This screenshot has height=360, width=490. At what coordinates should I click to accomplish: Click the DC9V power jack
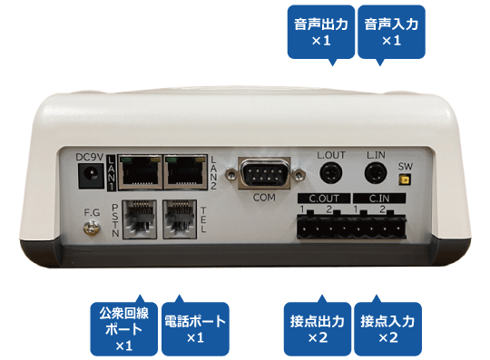[91, 176]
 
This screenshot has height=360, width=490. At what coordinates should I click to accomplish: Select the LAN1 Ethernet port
[141, 172]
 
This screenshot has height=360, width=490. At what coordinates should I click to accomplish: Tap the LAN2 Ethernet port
[186, 172]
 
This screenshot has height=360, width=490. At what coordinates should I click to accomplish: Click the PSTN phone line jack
[139, 219]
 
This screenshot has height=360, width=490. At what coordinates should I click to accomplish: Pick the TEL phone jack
[180, 219]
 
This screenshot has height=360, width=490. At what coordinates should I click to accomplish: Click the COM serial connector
[264, 173]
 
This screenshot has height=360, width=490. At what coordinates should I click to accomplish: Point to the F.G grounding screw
[92, 228]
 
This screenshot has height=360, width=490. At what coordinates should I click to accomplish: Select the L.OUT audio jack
[331, 173]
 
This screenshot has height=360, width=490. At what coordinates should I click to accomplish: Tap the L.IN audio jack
[376, 173]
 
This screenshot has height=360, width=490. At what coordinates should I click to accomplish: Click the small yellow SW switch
[405, 180]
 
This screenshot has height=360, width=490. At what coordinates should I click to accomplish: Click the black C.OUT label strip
[324, 199]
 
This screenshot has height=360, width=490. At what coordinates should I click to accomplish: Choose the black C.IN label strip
[379, 199]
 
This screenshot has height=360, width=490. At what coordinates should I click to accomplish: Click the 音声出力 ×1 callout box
[321, 32]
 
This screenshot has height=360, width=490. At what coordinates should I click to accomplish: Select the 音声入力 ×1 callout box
[392, 32]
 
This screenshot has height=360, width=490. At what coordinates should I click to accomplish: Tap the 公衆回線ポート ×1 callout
[124, 329]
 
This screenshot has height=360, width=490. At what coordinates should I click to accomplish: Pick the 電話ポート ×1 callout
[195, 329]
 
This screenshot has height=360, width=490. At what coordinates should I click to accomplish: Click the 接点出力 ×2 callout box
[318, 329]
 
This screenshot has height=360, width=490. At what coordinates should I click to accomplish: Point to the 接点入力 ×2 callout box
[388, 329]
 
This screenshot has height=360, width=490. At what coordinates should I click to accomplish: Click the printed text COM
[264, 198]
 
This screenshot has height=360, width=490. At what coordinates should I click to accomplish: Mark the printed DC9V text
[89, 157]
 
